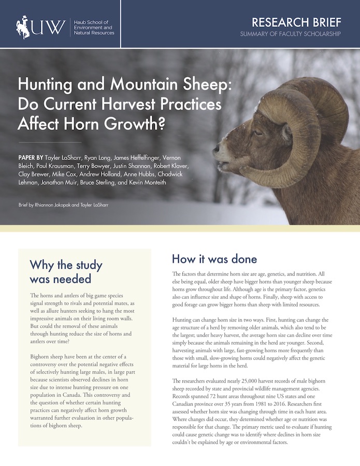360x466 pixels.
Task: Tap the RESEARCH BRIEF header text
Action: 296,22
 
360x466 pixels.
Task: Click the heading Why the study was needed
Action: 61,272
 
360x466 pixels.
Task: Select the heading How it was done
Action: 214,258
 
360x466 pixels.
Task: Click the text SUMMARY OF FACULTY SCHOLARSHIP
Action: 291,34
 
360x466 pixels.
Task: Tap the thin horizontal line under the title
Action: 50,141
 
